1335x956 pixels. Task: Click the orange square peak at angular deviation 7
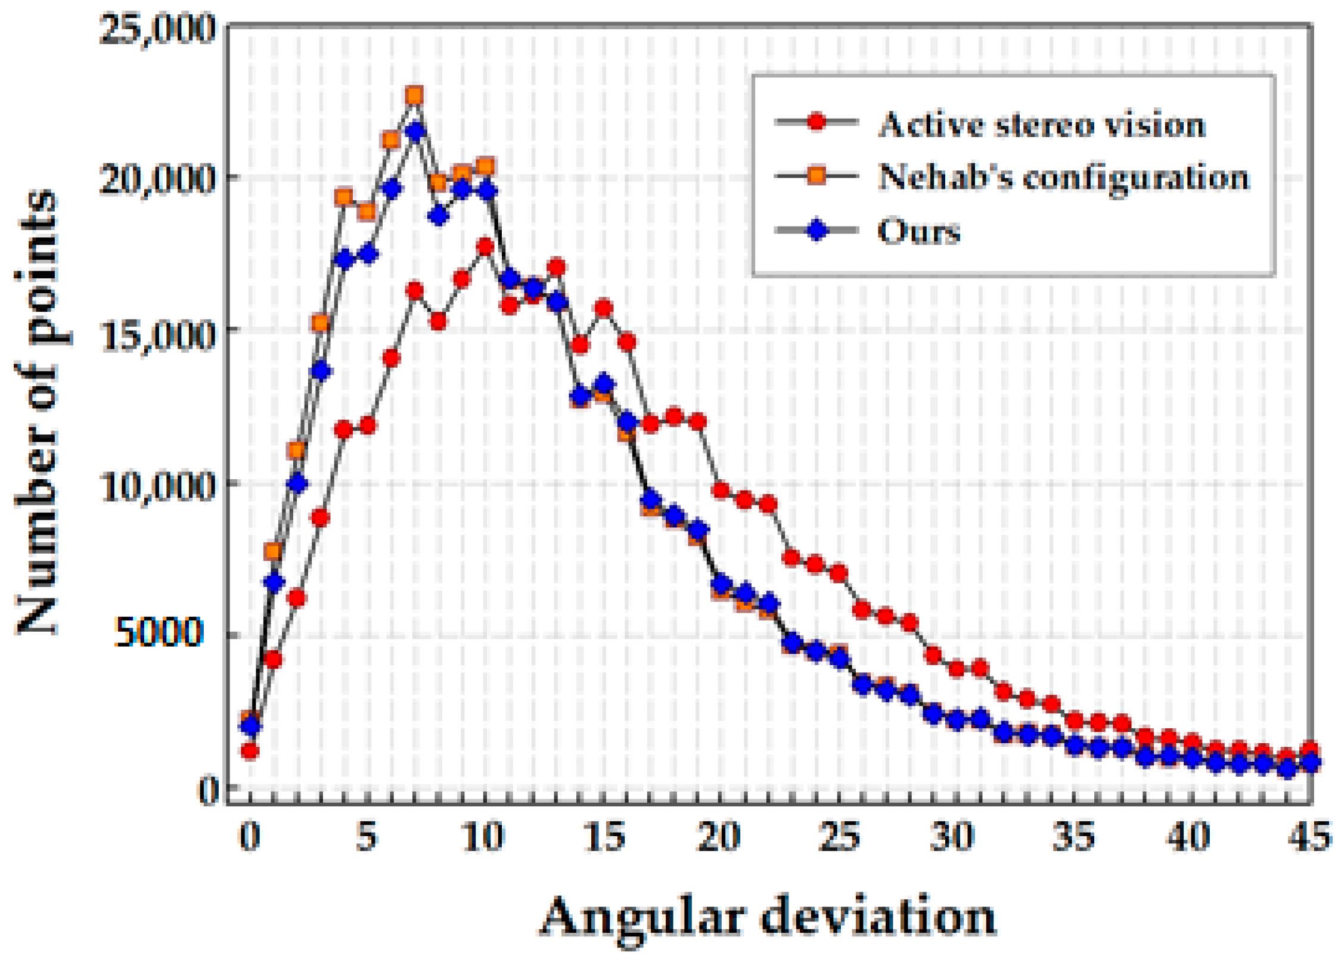point(414,95)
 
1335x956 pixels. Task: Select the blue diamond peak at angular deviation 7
point(415,132)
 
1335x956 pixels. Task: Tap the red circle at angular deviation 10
point(486,247)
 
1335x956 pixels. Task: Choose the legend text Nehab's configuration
point(1063,177)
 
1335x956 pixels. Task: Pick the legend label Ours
point(918,231)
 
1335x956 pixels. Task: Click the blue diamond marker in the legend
point(817,229)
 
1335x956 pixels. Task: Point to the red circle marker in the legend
point(817,123)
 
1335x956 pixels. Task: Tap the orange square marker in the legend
point(817,176)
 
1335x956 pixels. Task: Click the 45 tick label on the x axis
point(1309,836)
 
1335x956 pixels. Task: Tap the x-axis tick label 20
point(719,836)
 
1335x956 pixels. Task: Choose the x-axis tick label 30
point(952,836)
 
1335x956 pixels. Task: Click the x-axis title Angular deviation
point(768,917)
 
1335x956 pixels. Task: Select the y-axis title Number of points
point(37,411)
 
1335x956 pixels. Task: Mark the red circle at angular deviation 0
point(250,751)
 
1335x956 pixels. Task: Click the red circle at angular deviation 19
point(698,422)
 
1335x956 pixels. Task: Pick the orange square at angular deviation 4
point(344,197)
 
